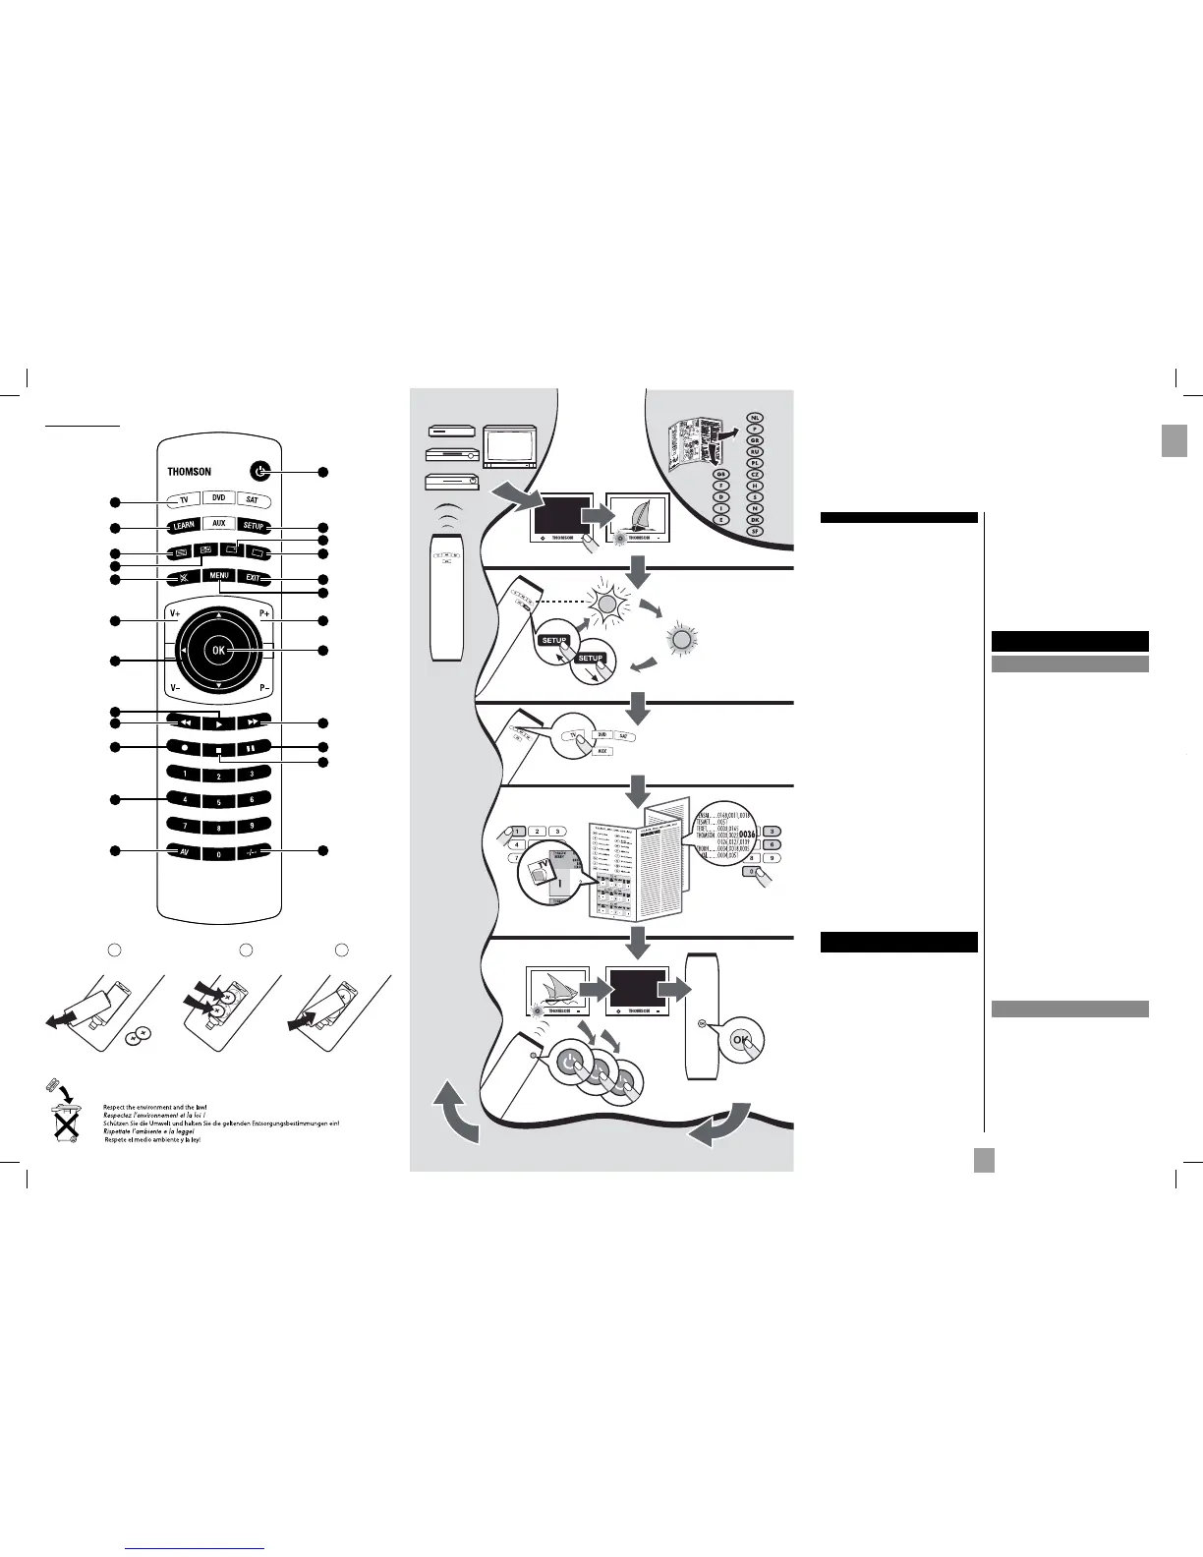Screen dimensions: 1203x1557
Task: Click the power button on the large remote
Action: (258, 472)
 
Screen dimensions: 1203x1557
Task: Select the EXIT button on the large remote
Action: (253, 579)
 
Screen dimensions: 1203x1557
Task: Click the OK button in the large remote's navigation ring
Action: (218, 651)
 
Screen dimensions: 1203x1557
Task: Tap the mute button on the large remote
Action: (184, 579)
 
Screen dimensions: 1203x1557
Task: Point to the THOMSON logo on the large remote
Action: (189, 473)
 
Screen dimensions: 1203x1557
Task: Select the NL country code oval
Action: (755, 418)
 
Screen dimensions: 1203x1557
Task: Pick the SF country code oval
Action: (755, 531)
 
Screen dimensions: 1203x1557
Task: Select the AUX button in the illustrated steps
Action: (602, 751)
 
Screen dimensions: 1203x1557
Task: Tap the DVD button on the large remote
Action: (218, 498)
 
